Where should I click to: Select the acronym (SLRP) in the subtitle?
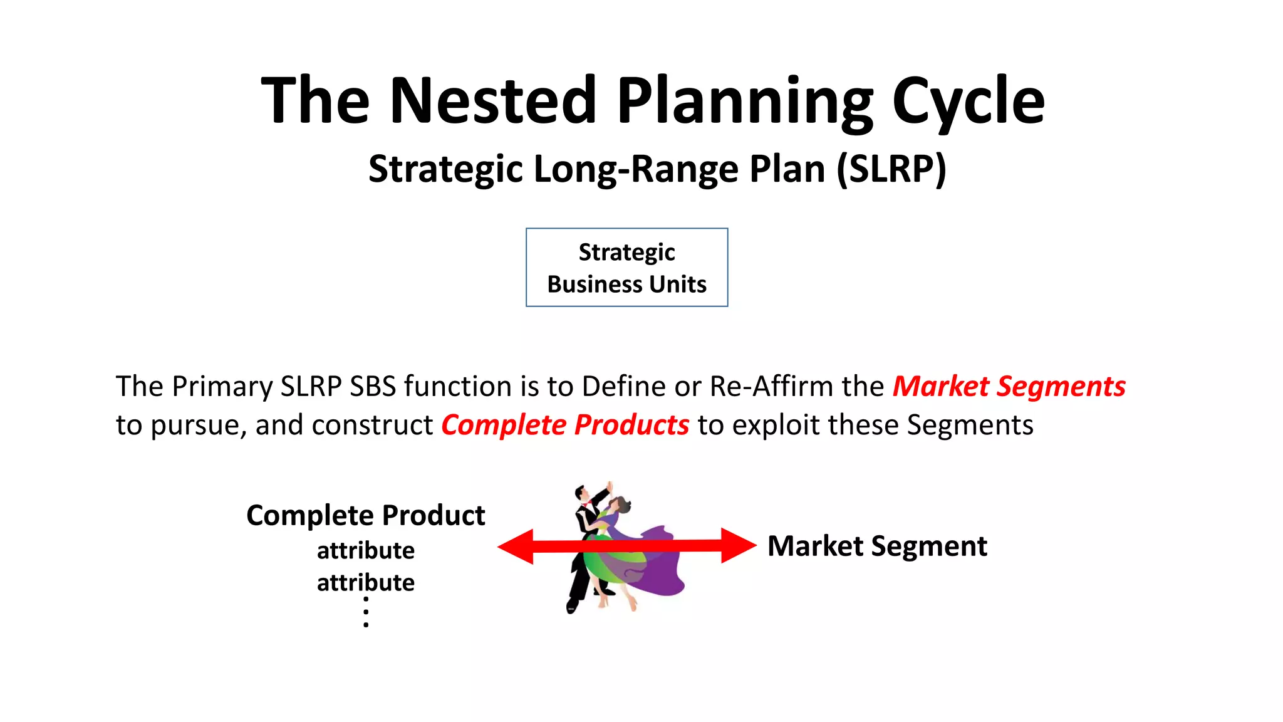(x=891, y=169)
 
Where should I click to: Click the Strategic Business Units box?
(x=626, y=268)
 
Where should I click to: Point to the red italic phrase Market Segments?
(x=1009, y=386)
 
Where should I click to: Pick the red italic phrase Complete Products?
(x=565, y=425)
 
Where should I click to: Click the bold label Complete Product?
(x=365, y=515)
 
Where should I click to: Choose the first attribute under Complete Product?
(x=365, y=550)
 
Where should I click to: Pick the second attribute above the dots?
(x=365, y=582)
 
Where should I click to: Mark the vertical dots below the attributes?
(x=366, y=612)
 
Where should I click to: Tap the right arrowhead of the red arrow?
(x=738, y=545)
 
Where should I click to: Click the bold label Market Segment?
(x=877, y=546)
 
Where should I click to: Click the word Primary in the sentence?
(x=222, y=386)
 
